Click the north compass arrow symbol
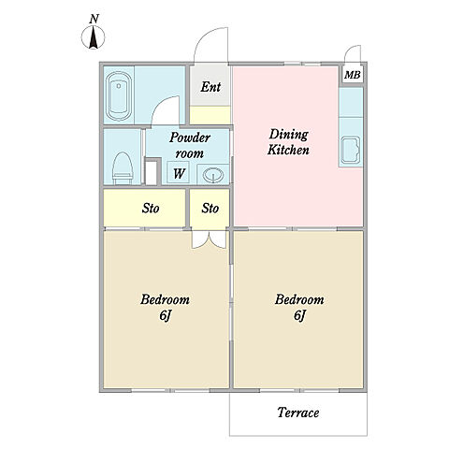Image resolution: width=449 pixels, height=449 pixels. [x=94, y=37]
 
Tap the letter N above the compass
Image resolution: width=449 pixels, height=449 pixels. [x=94, y=20]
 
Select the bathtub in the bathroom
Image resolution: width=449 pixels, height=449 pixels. [x=119, y=96]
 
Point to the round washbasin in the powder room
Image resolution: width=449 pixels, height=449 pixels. [x=213, y=175]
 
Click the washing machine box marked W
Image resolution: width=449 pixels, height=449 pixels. [x=179, y=172]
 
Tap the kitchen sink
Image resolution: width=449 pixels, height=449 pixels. [x=351, y=151]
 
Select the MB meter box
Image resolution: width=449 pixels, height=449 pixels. [x=353, y=75]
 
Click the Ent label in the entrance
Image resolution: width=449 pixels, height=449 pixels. [x=210, y=87]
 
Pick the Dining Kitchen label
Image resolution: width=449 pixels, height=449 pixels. [x=288, y=142]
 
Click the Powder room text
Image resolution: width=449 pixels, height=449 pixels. [x=190, y=145]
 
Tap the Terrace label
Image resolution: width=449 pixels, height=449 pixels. [x=298, y=413]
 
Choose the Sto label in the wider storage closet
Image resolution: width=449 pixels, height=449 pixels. [x=151, y=209]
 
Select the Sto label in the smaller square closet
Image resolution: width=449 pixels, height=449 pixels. [x=210, y=209]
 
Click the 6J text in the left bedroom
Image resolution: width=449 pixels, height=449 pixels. [x=165, y=315]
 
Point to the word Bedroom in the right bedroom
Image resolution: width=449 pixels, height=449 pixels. [x=299, y=299]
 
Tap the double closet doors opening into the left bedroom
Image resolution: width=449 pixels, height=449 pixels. [x=209, y=239]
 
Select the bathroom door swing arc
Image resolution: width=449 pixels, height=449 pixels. [x=162, y=106]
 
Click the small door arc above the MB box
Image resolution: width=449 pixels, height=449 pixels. [x=352, y=50]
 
